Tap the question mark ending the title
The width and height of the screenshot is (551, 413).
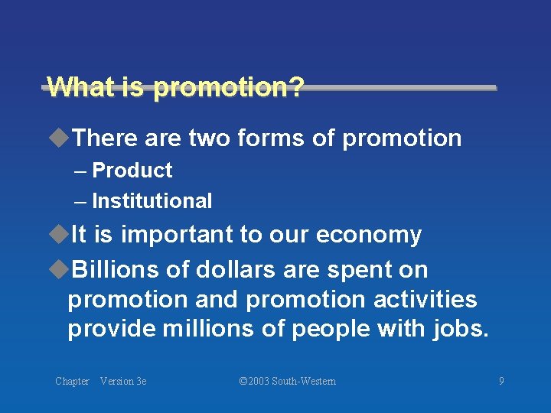[x=295, y=86]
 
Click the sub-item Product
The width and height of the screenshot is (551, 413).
[x=132, y=171]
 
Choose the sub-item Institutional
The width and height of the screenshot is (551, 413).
[x=152, y=201]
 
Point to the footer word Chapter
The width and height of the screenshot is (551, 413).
[x=72, y=381]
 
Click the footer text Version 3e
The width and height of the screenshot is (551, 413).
[x=123, y=381]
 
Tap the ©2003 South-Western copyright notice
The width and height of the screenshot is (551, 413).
[x=287, y=381]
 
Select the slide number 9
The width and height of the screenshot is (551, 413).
[x=501, y=381]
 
